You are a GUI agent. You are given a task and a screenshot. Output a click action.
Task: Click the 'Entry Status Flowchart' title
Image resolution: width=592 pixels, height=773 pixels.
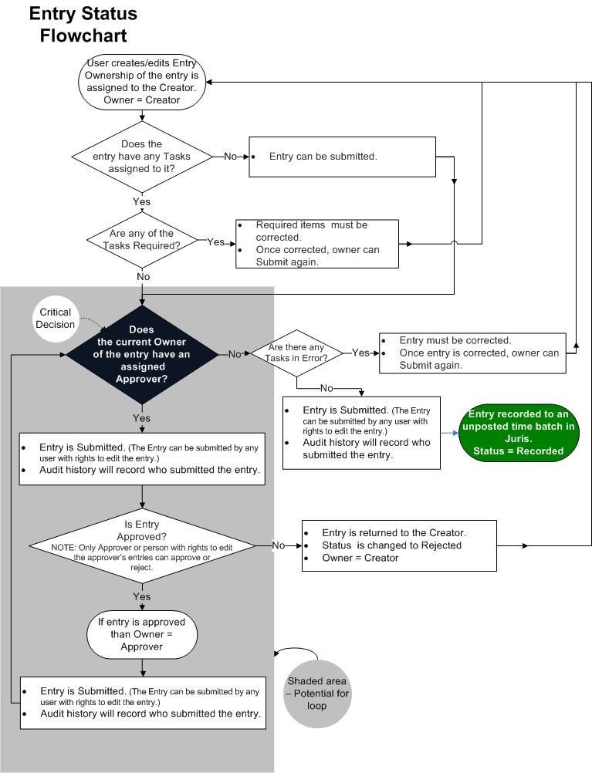tap(83, 24)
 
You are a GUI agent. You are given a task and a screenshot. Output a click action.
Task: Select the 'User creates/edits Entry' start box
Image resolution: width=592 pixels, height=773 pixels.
tap(141, 82)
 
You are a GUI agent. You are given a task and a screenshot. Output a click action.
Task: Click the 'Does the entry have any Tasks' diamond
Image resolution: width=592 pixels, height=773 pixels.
tap(142, 156)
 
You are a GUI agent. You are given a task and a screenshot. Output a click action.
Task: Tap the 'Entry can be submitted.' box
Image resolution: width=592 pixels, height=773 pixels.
tap(342, 157)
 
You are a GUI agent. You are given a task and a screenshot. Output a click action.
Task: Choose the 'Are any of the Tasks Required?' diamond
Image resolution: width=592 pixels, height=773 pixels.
tap(141, 241)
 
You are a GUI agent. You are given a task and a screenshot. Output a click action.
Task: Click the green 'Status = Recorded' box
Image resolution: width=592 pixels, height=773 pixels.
tap(518, 434)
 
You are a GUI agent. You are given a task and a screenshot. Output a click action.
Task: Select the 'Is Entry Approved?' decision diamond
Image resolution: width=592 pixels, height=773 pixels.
tap(142, 545)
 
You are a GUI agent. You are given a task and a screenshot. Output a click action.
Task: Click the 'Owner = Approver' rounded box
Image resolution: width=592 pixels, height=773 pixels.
tap(141, 634)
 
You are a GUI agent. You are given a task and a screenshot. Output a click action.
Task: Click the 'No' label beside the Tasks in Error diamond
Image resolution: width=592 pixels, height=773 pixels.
tap(326, 388)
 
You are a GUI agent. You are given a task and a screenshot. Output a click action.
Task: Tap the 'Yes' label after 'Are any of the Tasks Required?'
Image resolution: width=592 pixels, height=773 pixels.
tap(216, 242)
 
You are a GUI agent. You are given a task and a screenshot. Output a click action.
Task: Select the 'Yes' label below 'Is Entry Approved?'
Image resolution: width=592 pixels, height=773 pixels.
tap(142, 596)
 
